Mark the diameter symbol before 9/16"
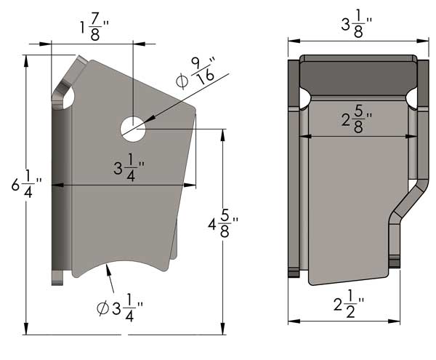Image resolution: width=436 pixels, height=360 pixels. pyautogui.click(x=182, y=79)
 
